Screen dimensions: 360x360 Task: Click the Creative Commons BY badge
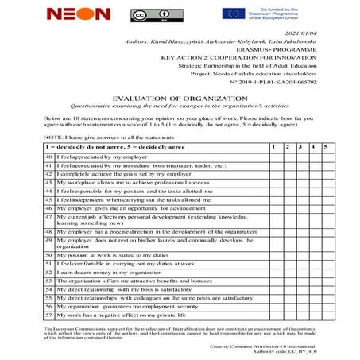click(144, 14)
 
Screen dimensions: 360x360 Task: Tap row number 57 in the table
click(48, 315)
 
